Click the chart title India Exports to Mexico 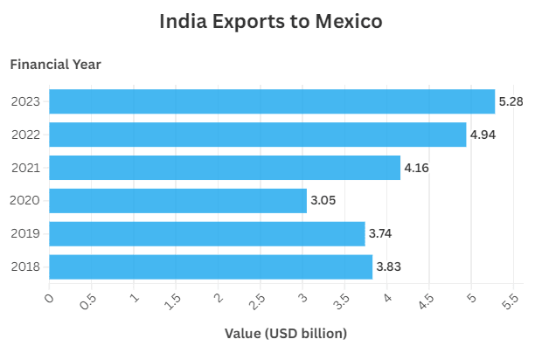[x=271, y=22]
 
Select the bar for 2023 [x=272, y=101]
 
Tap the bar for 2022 [x=258, y=135]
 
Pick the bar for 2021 [x=225, y=168]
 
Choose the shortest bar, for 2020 [x=177, y=201]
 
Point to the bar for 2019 [x=207, y=233]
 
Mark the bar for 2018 [x=211, y=267]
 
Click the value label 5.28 [x=511, y=102]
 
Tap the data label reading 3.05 [x=323, y=201]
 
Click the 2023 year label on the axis [x=25, y=101]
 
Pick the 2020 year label [x=25, y=201]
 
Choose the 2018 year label [x=25, y=267]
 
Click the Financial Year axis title [x=55, y=64]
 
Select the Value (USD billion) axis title [x=286, y=333]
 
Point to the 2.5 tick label [x=257, y=302]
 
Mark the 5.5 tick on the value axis [x=511, y=302]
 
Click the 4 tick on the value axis [x=386, y=299]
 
